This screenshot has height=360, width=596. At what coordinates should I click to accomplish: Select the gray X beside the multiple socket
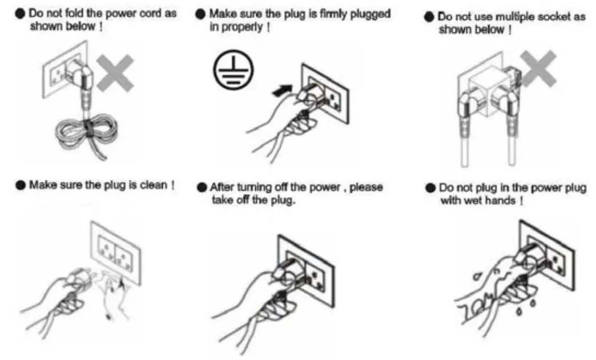[x=538, y=69]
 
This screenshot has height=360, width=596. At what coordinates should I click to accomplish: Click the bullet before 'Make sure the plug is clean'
[x=21, y=185]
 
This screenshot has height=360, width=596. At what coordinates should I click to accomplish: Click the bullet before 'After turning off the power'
[x=202, y=187]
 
